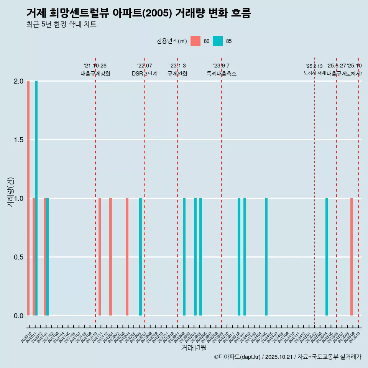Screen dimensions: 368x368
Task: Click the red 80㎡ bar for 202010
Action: click(28, 198)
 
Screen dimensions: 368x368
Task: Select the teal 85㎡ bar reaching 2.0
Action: click(36, 198)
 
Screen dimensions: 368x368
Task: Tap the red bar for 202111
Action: click(100, 257)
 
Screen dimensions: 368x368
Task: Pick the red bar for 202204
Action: click(127, 257)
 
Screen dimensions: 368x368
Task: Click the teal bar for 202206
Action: click(140, 257)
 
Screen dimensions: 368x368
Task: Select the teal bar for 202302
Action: click(184, 257)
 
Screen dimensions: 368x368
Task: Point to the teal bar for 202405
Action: click(266, 257)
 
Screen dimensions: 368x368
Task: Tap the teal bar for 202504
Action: click(327, 257)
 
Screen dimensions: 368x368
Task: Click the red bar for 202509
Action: click(352, 257)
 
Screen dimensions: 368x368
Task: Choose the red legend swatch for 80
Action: click(195, 41)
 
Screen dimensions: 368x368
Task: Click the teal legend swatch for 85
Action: click(218, 41)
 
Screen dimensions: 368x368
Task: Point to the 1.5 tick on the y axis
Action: click(18, 140)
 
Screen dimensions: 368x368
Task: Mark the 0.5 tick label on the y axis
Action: click(18, 257)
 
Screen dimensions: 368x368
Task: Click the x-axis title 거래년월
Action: click(194, 348)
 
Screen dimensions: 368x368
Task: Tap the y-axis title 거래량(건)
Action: click(11, 192)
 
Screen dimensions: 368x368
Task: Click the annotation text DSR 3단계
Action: click(145, 74)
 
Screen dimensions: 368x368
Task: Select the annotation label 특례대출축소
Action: click(221, 74)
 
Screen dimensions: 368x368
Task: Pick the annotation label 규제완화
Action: click(177, 74)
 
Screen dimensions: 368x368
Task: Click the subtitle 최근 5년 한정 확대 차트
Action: click(61, 25)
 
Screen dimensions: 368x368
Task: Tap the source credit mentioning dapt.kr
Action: click(287, 357)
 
